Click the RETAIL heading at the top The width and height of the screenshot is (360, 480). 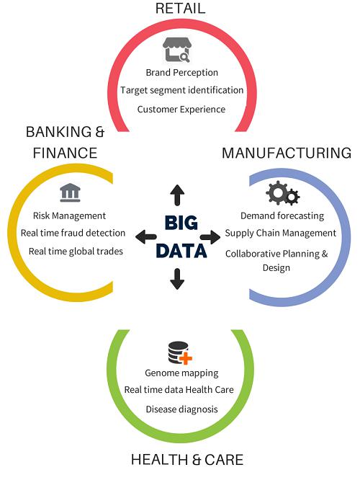pos(180,8)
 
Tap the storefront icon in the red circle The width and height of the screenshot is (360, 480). pos(177,50)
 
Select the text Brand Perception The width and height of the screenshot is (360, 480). pos(181,73)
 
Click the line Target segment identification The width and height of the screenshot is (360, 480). pos(181,90)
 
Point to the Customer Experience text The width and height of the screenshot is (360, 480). pos(181,110)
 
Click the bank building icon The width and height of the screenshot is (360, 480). pos(70,192)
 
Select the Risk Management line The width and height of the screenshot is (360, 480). pos(69,215)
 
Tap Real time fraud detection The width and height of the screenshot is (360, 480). pos(73,233)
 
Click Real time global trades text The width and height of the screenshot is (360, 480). pos(76,252)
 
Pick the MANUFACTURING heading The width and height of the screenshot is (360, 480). pos(287,153)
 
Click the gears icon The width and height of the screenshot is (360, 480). pos(283,193)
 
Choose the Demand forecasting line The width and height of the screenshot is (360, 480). pos(282,215)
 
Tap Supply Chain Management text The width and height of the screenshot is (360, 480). pos(281,234)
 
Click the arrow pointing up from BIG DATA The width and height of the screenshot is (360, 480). pos(177,195)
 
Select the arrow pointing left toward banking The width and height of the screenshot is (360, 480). pos(146,236)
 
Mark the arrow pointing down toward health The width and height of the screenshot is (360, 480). pos(177,279)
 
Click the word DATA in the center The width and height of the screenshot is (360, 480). pos(181,251)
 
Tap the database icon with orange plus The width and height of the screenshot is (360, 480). pos(180,352)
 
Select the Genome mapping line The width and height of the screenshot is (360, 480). pos(181,373)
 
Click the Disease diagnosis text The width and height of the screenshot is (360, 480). pos(181,409)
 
